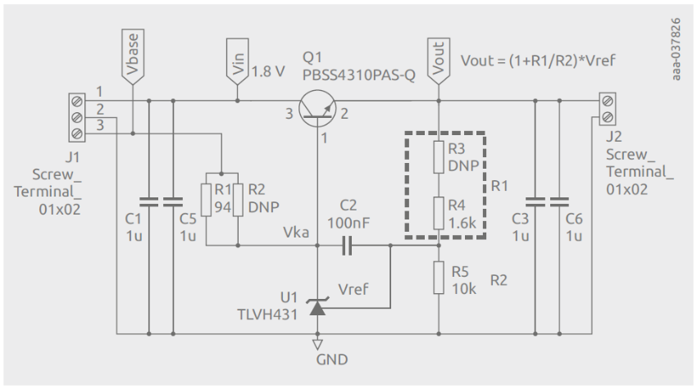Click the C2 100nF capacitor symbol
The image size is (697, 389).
(347, 244)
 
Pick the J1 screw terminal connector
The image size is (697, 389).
(77, 117)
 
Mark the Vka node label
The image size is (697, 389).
(295, 233)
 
